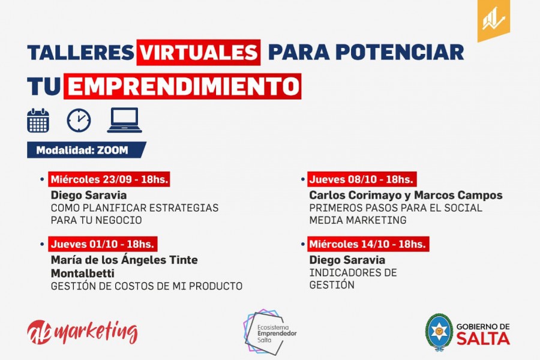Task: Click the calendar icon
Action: tap(38, 121)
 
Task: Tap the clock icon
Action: tap(79, 121)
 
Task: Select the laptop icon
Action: tap(124, 120)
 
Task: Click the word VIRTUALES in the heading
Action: tap(199, 52)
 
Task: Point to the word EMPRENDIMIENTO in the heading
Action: tap(182, 86)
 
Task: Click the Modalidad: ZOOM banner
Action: tap(86, 150)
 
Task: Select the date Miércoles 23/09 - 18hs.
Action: tap(109, 179)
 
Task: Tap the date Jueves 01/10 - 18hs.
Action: tap(103, 244)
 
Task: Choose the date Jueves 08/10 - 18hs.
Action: tap(362, 179)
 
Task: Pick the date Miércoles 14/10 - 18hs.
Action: tap(368, 244)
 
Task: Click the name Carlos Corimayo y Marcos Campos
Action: tap(406, 195)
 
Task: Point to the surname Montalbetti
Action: tap(83, 273)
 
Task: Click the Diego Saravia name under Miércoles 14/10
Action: tap(347, 260)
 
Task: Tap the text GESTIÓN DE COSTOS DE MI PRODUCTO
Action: tap(147, 286)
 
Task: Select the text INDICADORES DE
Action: tap(353, 272)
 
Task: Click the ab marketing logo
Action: tap(82, 332)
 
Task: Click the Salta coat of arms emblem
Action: tap(439, 332)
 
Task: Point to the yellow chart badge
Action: tap(494, 20)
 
